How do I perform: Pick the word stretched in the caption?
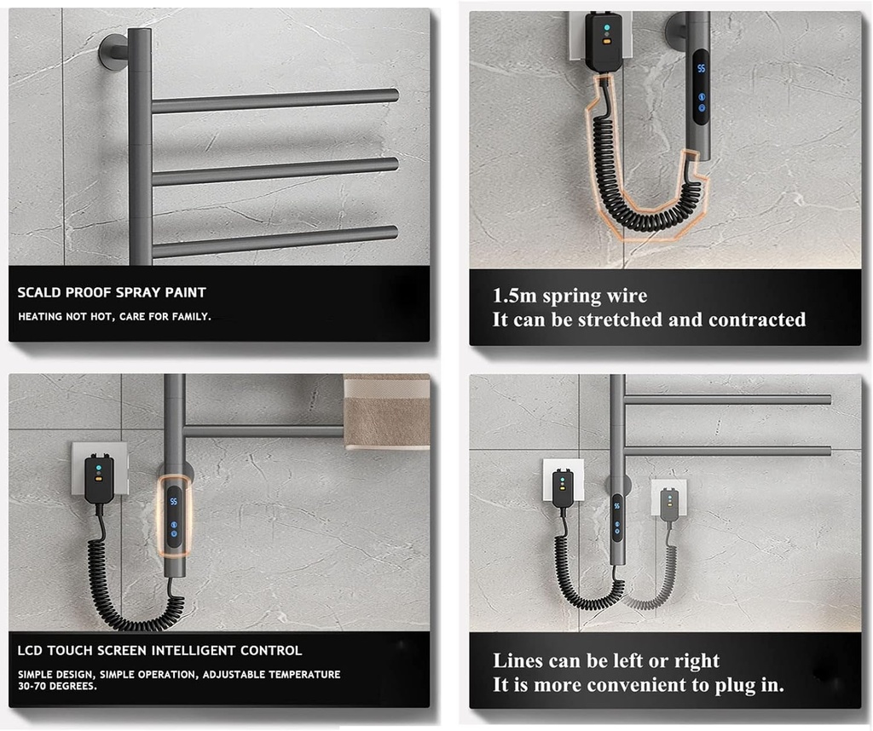[621, 319]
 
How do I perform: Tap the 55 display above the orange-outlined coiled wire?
[701, 67]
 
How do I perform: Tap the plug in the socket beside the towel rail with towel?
[100, 478]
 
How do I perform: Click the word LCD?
[32, 650]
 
